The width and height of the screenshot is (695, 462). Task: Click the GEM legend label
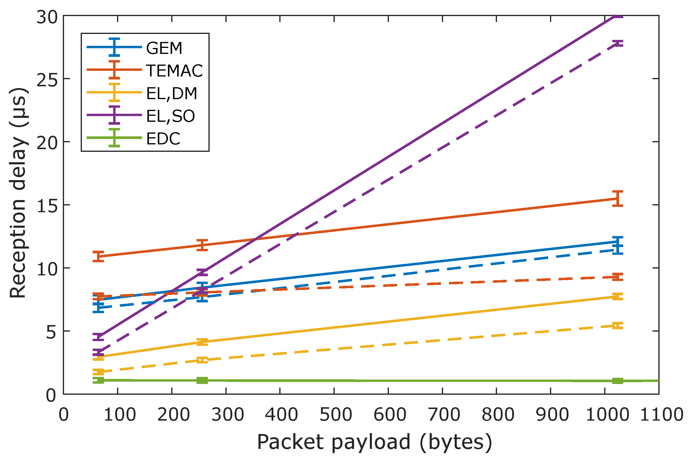coord(164,48)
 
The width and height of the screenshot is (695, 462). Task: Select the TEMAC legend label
coord(174,71)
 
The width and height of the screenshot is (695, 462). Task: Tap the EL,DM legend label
coord(172,93)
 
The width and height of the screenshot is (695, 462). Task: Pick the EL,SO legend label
coord(170,116)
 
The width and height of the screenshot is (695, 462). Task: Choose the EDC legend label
coord(163,138)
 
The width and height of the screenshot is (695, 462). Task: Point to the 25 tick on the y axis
coord(47,79)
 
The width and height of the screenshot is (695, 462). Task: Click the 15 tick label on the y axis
coord(47,205)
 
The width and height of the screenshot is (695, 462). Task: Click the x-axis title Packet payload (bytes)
coord(374,442)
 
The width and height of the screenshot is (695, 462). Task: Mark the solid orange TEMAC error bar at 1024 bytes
coord(618,199)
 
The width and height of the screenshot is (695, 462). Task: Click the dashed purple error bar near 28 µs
coord(618,43)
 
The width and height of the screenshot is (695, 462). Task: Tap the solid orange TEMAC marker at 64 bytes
coord(98,256)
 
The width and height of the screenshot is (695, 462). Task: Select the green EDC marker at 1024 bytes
coord(618,381)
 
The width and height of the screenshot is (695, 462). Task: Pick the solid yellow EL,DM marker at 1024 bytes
coord(618,296)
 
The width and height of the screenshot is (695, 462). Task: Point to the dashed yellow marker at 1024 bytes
coord(618,326)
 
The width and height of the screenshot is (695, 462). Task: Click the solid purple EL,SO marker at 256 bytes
coord(202,272)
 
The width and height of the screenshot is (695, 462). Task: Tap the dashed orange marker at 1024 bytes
coord(618,277)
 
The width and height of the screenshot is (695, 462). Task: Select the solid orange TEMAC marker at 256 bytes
coord(202,245)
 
